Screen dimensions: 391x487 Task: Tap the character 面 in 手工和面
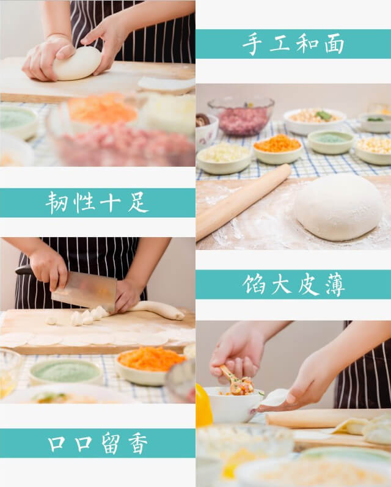[x=334, y=45]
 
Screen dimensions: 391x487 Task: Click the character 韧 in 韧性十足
[x=57, y=203]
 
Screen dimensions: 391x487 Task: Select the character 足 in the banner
[x=138, y=203]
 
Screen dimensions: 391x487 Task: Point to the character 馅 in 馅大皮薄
[x=254, y=284]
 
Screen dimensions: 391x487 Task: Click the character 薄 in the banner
[x=335, y=284]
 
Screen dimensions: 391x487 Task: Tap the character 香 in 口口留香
[x=138, y=444]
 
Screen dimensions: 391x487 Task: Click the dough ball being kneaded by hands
[x=78, y=64]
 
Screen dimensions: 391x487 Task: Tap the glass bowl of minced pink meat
[x=241, y=116]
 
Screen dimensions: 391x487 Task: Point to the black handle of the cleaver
[x=24, y=270]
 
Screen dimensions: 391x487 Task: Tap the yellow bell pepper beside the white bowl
[x=203, y=405]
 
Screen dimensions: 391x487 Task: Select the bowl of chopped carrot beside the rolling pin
[x=278, y=148]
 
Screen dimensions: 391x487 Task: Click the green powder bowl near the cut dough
[x=66, y=372]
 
